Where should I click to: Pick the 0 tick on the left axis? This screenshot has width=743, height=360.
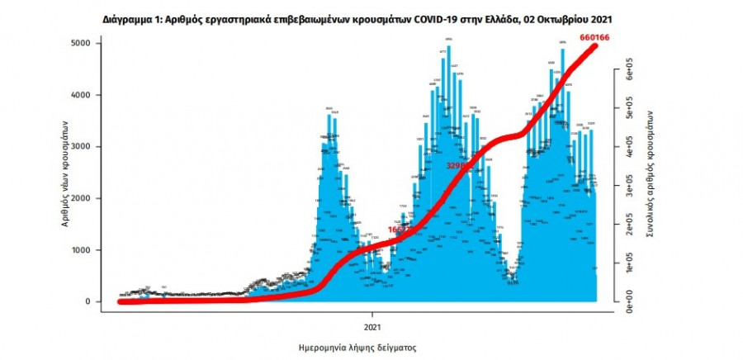[87, 301]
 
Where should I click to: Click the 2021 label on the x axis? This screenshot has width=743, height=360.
[371, 315]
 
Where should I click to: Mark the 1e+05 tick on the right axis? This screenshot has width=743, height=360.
[630, 263]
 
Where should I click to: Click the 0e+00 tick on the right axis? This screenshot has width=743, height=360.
[630, 301]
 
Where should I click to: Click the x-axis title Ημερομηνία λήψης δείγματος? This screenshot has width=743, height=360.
[356, 348]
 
